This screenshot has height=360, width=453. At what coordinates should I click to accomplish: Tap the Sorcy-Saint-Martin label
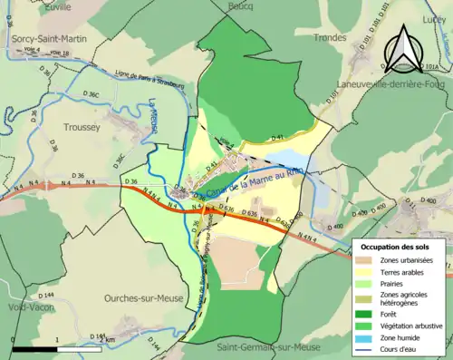click(49, 40)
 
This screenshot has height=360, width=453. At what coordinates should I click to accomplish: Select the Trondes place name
click(331, 38)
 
